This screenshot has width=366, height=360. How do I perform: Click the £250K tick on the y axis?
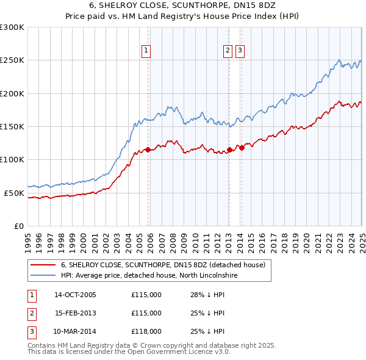(12, 60)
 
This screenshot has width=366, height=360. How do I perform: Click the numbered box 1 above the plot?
(147, 51)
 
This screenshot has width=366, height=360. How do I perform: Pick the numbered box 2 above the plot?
(228, 51)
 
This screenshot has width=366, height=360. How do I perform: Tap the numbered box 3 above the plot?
(240, 51)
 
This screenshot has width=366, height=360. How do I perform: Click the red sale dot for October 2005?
(148, 149)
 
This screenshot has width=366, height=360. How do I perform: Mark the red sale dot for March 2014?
(242, 147)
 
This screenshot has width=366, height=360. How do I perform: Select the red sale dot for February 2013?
(229, 149)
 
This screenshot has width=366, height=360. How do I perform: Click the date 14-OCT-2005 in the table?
(75, 294)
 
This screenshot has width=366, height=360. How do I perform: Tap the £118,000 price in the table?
(146, 332)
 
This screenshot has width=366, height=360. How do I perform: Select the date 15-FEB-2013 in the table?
(75, 313)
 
